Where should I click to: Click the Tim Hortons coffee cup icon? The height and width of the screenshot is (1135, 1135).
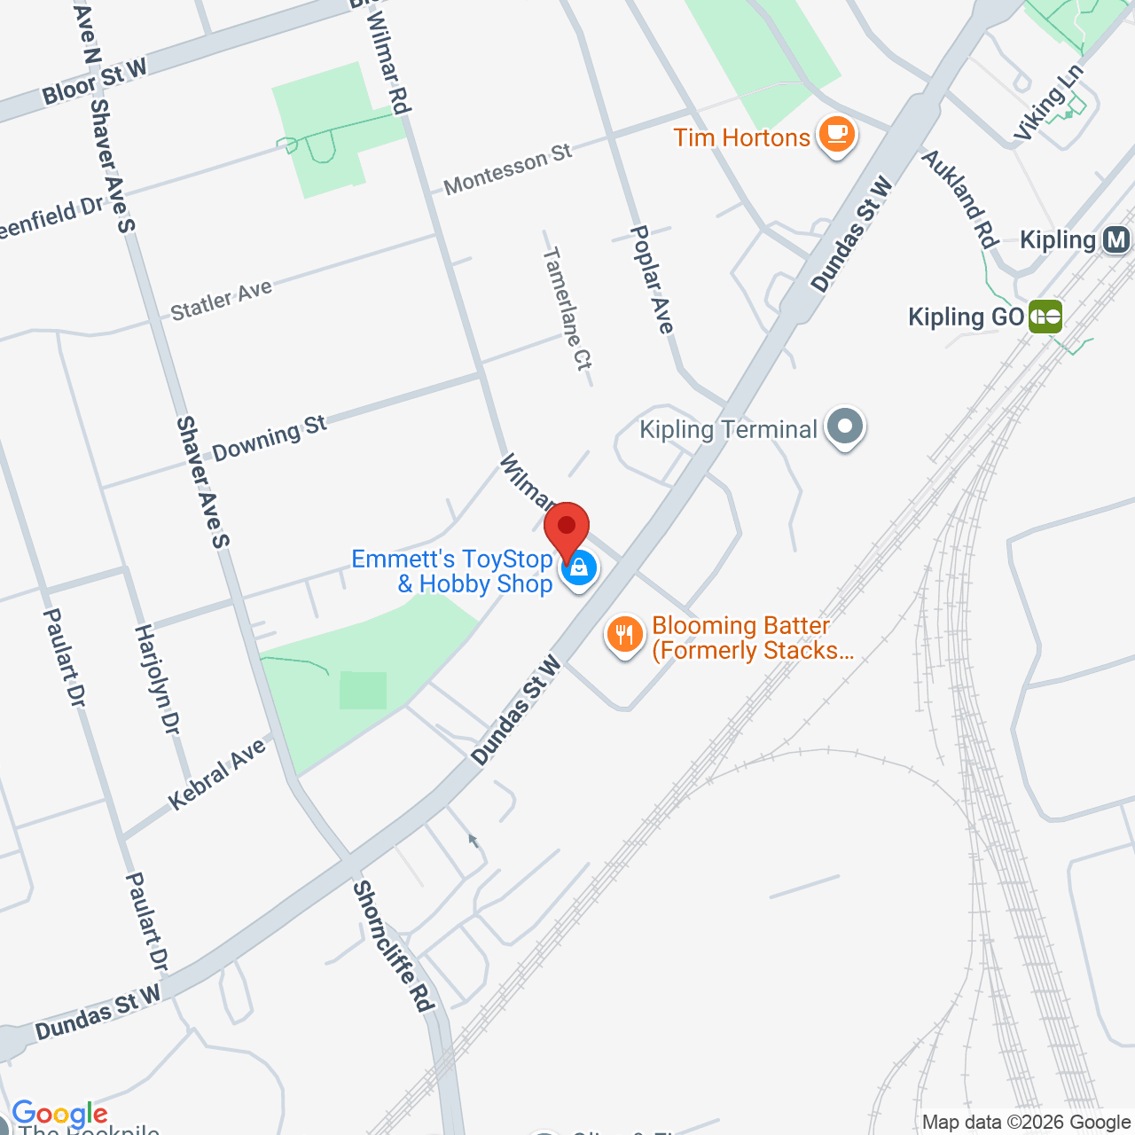tap(835, 136)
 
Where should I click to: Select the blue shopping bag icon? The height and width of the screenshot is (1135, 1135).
tap(579, 567)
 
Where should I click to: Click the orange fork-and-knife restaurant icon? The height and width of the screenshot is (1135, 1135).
tap(625, 635)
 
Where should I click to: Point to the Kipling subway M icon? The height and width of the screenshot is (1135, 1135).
tap(1116, 239)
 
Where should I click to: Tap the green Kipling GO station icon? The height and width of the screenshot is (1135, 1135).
tap(1045, 316)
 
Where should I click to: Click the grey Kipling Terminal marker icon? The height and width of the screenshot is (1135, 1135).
tap(845, 427)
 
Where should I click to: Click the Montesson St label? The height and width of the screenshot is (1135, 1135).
tap(508, 169)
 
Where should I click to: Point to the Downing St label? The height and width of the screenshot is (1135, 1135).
tap(270, 438)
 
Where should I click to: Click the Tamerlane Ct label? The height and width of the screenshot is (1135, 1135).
tap(567, 309)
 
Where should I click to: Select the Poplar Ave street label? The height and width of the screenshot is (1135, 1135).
tap(652, 279)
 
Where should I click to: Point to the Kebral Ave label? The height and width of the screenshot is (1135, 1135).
tap(217, 774)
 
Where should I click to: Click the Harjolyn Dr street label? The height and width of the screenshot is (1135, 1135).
tap(157, 679)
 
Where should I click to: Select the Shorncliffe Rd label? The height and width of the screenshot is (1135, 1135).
tap(395, 946)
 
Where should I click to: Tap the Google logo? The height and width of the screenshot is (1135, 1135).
tap(59, 1114)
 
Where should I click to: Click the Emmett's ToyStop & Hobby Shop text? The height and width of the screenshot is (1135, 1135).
tap(452, 571)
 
